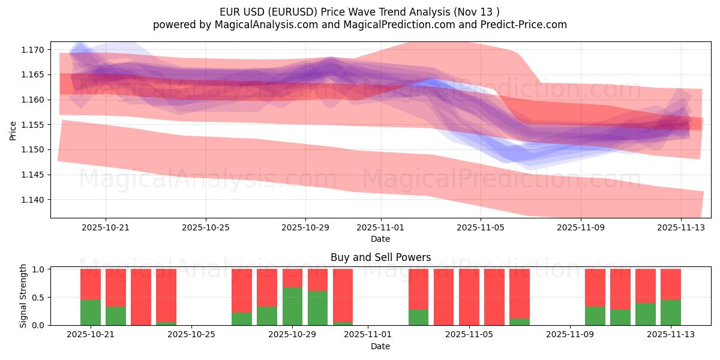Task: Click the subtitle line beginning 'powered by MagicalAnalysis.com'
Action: (359, 25)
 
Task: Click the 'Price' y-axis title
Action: (13, 130)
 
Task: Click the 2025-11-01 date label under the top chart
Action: (380, 228)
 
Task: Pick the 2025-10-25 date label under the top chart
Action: (206, 228)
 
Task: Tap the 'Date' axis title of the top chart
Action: (380, 239)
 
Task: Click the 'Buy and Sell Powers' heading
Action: (380, 257)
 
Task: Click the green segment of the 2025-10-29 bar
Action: (292, 306)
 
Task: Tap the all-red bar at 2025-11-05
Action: (469, 297)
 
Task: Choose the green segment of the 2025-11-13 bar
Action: (671, 313)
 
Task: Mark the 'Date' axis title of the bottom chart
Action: (380, 346)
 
